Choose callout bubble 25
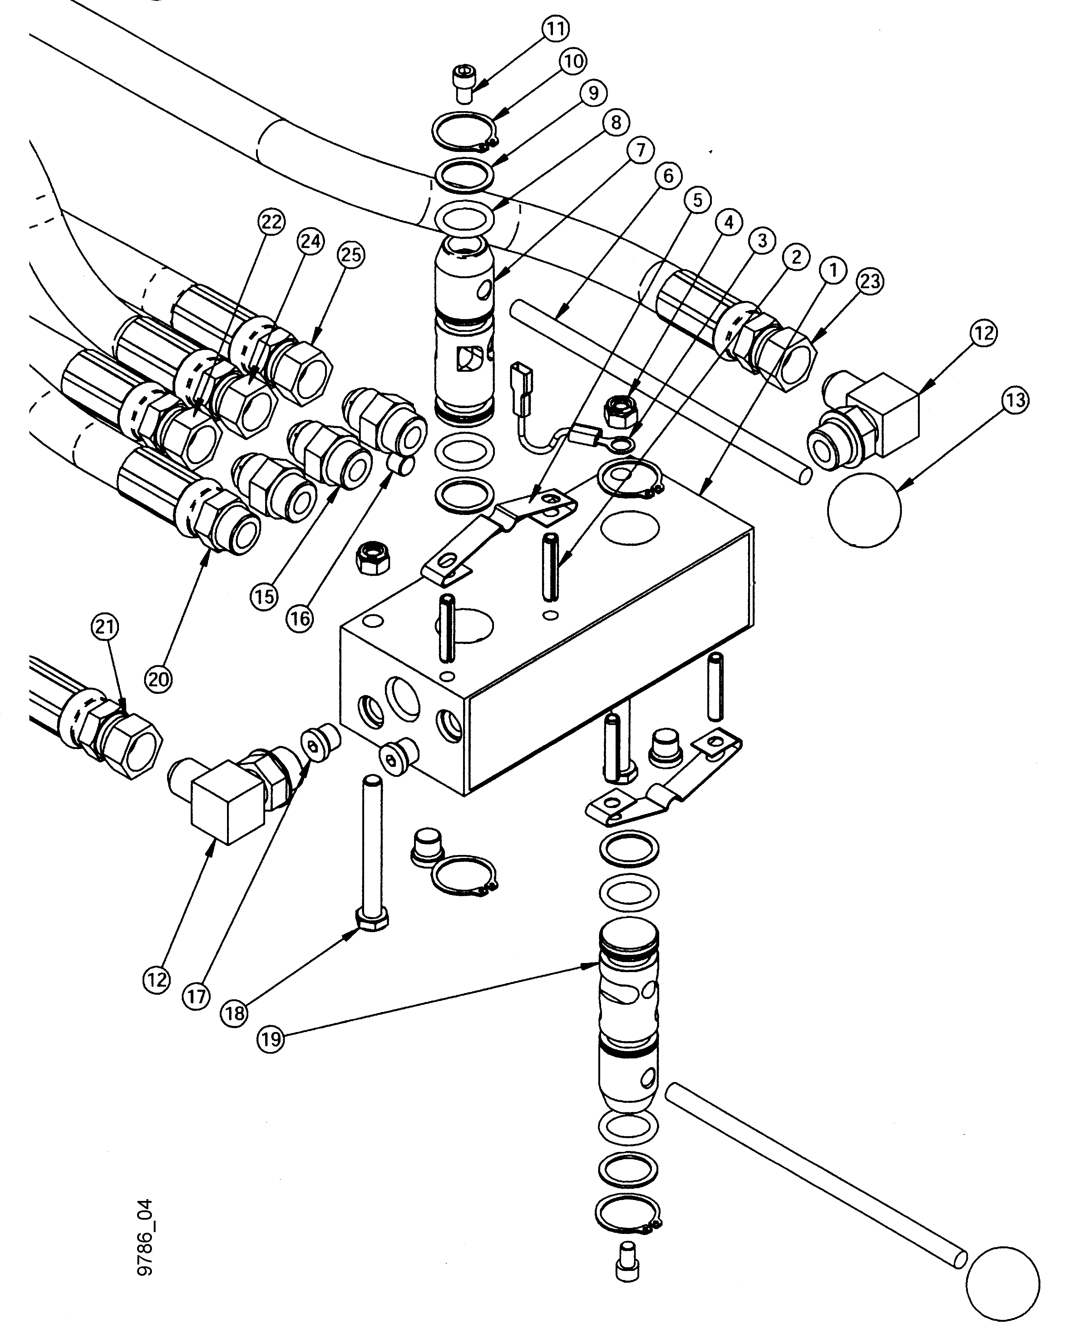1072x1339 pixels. coord(351,255)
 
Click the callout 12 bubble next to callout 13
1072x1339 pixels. coord(983,334)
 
